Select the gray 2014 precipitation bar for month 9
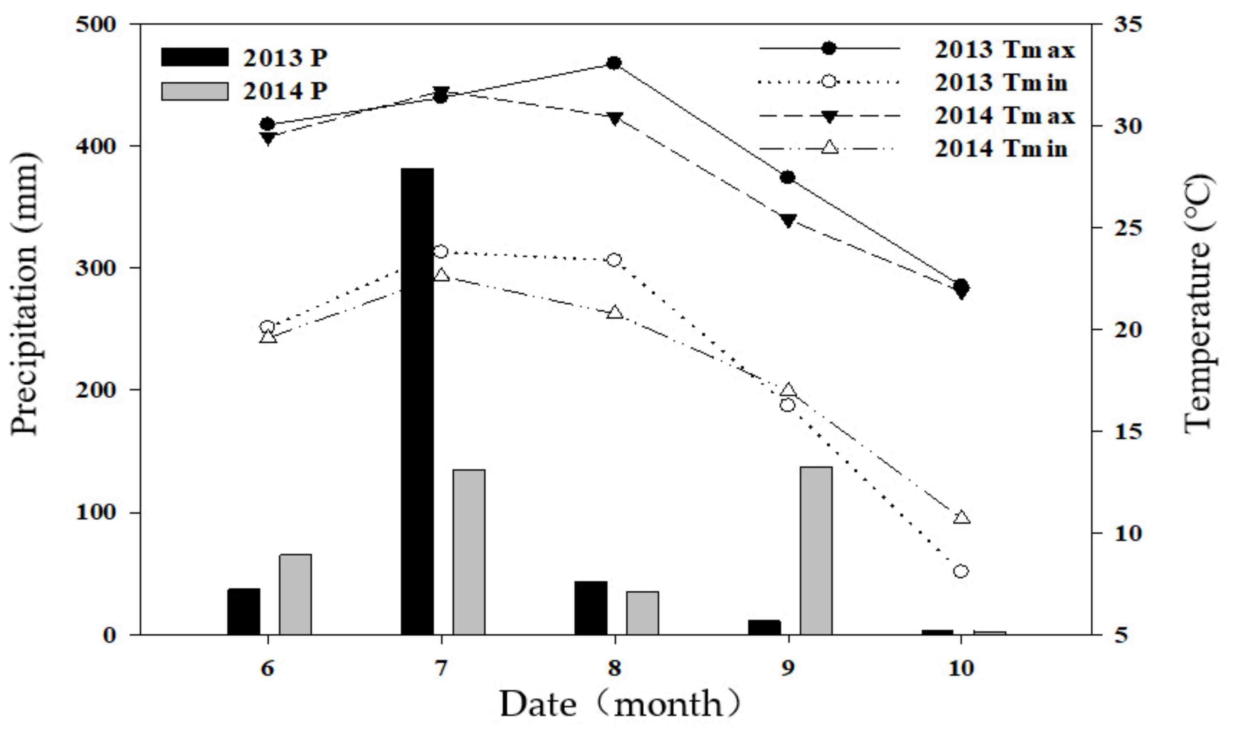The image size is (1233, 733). click(816, 550)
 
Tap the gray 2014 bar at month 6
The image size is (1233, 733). click(295, 594)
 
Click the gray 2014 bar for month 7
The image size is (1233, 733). click(469, 552)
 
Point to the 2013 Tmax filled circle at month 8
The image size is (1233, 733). click(614, 63)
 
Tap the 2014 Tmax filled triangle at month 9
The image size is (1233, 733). click(788, 220)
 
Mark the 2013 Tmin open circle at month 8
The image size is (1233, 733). click(614, 260)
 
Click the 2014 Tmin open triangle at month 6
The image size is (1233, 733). click(267, 337)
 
